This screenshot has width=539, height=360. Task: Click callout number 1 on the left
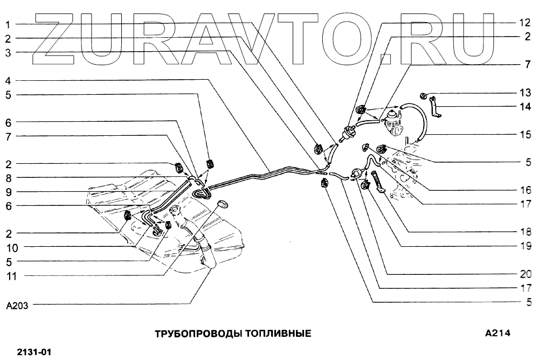click(x=9, y=24)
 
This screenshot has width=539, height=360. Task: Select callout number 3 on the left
click(x=9, y=53)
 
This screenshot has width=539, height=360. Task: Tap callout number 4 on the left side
click(x=9, y=81)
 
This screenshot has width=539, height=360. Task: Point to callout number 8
click(x=9, y=177)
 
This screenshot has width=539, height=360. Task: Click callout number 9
click(x=9, y=191)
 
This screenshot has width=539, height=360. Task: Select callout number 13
click(x=525, y=93)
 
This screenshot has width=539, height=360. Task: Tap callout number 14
click(x=525, y=107)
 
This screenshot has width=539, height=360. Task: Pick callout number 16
click(x=525, y=190)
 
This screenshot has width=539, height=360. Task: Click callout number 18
click(x=525, y=232)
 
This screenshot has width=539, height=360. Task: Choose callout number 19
click(x=525, y=246)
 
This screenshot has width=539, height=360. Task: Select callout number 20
click(x=525, y=273)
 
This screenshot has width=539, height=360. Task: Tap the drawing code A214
click(x=497, y=333)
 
